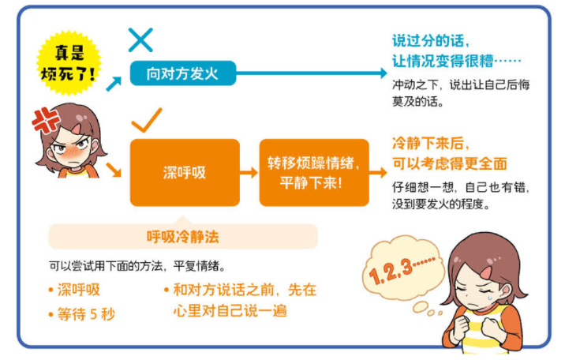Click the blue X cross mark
(140, 40)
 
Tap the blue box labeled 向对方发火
(183, 73)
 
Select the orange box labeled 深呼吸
(185, 173)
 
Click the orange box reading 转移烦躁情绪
(314, 173)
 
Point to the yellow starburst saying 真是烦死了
(69, 63)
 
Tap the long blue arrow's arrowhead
(384, 73)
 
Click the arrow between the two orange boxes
(249, 173)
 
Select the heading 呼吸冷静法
(183, 237)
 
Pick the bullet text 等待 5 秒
(86, 314)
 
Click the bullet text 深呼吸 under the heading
(79, 290)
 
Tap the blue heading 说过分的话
(431, 41)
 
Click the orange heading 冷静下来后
(431, 144)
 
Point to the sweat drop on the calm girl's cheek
(490, 298)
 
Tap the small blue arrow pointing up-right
(114, 84)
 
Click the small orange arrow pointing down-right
(114, 170)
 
